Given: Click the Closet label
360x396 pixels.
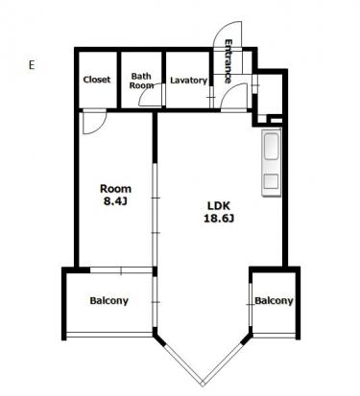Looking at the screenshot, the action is pyautogui.click(x=97, y=80).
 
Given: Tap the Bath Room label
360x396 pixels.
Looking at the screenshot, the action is pyautogui.click(x=141, y=81).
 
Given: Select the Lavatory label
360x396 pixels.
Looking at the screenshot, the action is pyautogui.click(x=188, y=81).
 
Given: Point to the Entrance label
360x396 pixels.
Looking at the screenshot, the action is pyautogui.click(x=228, y=61).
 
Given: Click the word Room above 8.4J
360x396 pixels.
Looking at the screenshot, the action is pyautogui.click(x=115, y=189).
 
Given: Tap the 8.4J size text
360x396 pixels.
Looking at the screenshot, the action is pyautogui.click(x=115, y=201).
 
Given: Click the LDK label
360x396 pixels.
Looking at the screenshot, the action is pyautogui.click(x=219, y=205).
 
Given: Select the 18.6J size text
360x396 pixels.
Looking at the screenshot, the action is pyautogui.click(x=219, y=219).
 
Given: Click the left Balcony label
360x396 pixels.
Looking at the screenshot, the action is pyautogui.click(x=108, y=301).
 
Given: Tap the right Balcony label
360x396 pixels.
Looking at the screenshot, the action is pyautogui.click(x=274, y=301).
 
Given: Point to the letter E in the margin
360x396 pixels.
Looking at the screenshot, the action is pyautogui.click(x=32, y=65).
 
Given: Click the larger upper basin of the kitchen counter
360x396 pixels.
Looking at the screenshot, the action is pyautogui.click(x=271, y=146).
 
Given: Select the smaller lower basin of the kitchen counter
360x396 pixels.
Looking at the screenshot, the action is pyautogui.click(x=271, y=182).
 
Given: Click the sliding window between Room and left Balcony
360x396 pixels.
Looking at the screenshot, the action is pyautogui.click(x=121, y=270).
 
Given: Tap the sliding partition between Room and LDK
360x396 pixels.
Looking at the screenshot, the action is pyautogui.click(x=155, y=215).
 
